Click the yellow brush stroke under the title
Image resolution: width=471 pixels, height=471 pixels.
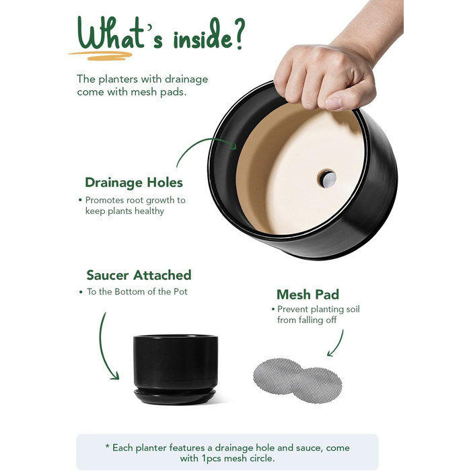[100, 56]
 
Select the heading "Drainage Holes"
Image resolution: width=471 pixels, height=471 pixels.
[134, 182]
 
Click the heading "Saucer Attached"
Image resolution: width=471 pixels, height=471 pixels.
[139, 275]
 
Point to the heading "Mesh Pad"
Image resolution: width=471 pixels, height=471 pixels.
[308, 295]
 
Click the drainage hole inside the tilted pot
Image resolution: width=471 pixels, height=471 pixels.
[327, 178]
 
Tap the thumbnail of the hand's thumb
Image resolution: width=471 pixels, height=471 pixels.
[334, 104]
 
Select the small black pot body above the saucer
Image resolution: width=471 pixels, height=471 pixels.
[176, 363]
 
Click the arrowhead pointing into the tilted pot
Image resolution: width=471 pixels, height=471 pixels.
[233, 145]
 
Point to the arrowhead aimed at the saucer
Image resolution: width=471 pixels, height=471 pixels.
[115, 375]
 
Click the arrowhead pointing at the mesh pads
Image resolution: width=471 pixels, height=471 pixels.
[331, 353]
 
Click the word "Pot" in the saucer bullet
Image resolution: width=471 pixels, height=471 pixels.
[180, 291]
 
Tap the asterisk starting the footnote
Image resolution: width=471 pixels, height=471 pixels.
[107, 447]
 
